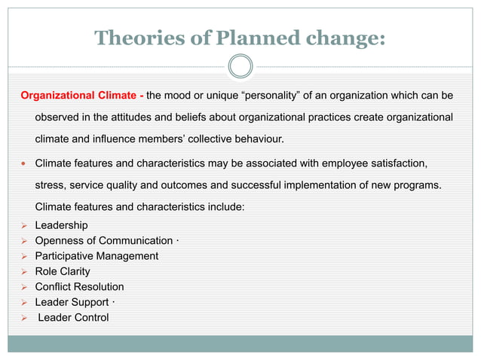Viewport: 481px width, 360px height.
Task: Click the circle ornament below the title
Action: pyautogui.click(x=240, y=66)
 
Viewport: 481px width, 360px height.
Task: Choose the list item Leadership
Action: pyautogui.click(x=61, y=225)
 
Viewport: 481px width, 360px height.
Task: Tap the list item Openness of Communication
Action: pyautogui.click(x=104, y=240)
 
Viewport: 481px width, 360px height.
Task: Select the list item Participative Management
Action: pyautogui.click(x=97, y=256)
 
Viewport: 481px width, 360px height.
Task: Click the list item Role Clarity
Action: pyautogui.click(x=63, y=271)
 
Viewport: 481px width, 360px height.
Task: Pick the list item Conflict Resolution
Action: pyautogui.click(x=79, y=287)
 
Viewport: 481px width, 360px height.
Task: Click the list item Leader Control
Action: pyautogui.click(x=73, y=317)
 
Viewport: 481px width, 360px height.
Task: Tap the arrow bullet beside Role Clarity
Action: pyautogui.click(x=24, y=271)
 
